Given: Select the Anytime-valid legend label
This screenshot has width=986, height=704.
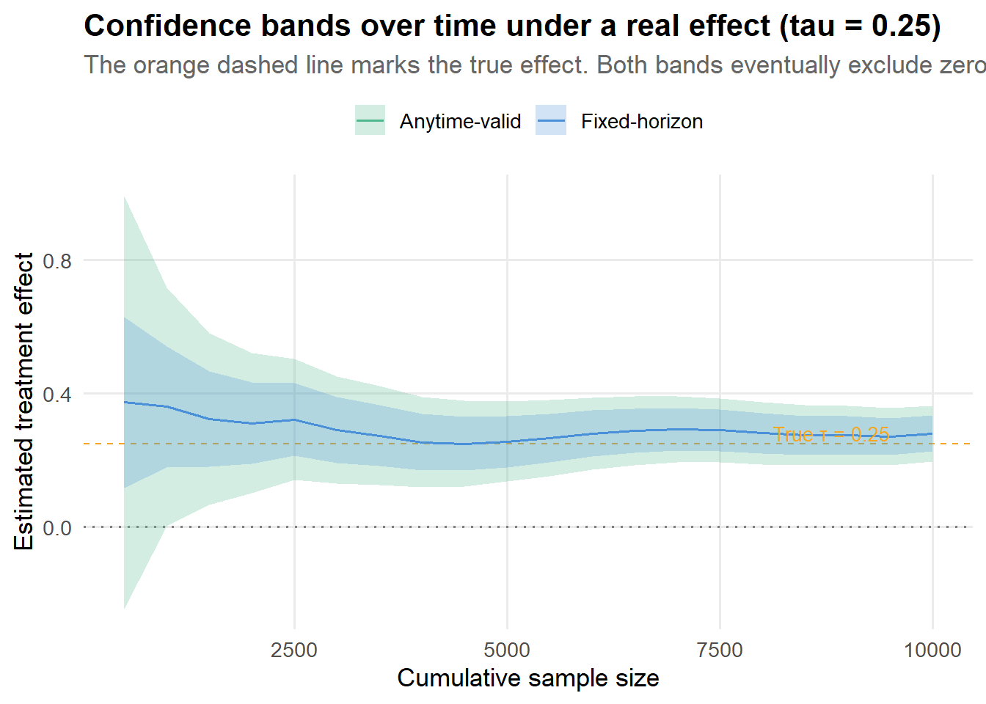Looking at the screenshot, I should click(460, 122).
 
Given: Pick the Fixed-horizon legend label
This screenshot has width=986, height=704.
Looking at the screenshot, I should click(642, 122).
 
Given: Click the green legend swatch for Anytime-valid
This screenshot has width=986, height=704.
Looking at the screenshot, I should click(370, 120).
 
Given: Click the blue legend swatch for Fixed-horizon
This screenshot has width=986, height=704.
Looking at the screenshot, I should click(551, 120).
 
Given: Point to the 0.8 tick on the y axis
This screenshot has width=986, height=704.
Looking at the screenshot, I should click(57, 261).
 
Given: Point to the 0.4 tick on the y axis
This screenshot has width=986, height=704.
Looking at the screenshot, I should click(57, 395).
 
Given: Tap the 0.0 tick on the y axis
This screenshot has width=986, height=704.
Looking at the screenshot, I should click(57, 528).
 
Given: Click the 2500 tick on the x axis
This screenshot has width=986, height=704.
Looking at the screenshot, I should click(294, 650).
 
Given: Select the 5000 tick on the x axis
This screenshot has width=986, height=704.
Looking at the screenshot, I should click(507, 650).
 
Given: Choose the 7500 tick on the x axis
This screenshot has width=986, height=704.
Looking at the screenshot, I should click(720, 650).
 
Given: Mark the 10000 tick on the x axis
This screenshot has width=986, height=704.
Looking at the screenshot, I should click(932, 650).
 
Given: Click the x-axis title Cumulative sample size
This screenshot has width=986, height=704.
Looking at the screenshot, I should click(528, 678).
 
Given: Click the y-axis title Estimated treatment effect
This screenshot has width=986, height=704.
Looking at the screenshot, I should click(24, 401).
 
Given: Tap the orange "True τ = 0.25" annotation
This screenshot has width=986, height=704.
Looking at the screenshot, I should click(830, 435).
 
